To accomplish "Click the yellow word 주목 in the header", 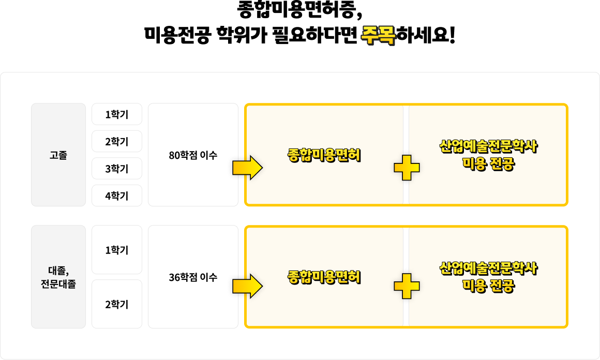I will click(x=378, y=35).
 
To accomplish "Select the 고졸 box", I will click(x=58, y=155).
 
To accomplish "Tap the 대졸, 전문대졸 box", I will click(x=58, y=277).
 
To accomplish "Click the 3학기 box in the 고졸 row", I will click(x=117, y=169).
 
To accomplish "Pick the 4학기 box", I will click(x=117, y=196).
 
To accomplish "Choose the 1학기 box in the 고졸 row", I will click(x=117, y=114).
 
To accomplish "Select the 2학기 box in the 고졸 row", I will click(x=117, y=142).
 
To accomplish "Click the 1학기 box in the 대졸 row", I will click(x=117, y=250).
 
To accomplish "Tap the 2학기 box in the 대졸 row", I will click(x=117, y=304).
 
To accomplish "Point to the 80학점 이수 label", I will click(x=193, y=155).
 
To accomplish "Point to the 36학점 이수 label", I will click(x=193, y=277).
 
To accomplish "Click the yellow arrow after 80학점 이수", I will click(x=248, y=168).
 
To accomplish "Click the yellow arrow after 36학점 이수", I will click(x=248, y=286).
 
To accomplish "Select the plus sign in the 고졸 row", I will click(x=407, y=168).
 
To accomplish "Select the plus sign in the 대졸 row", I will click(x=407, y=286).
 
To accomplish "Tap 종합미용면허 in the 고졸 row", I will click(x=324, y=155).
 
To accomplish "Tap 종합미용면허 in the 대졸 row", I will click(x=324, y=277).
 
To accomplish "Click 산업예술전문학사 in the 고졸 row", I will click(x=489, y=147).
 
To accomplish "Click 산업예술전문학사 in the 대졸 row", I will click(x=489, y=269).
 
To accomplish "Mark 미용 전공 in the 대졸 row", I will click(x=489, y=286).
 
